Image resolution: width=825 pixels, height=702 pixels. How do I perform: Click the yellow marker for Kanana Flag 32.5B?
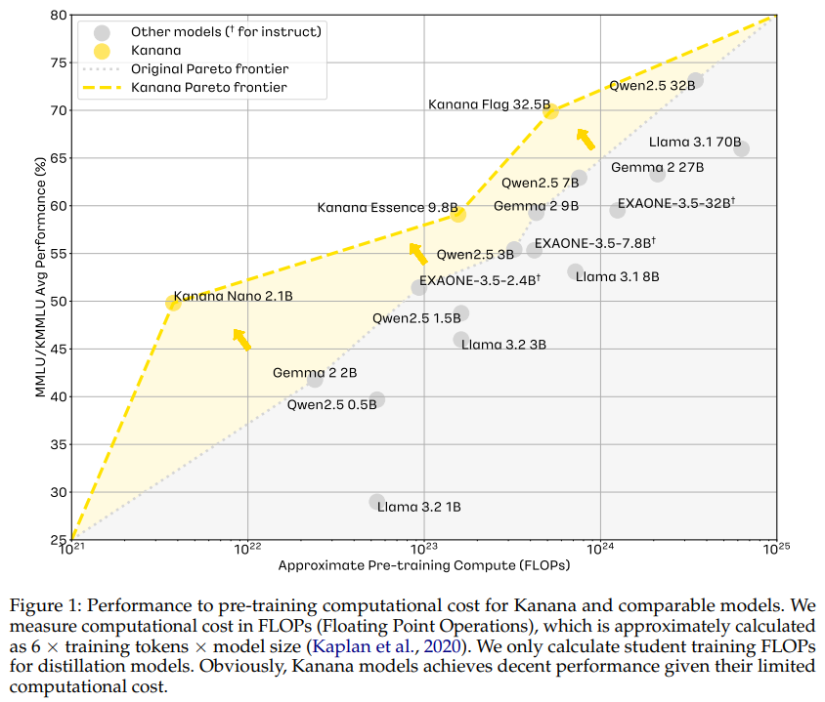tap(550, 111)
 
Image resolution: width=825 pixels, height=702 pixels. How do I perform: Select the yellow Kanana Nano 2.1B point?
tap(173, 303)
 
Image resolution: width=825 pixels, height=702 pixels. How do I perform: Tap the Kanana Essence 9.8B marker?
tap(458, 214)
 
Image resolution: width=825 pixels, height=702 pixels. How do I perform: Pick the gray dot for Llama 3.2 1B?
tap(377, 502)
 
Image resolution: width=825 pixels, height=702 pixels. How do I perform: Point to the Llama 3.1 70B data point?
tap(742, 148)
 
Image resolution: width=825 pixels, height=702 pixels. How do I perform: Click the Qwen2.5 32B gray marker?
tap(695, 80)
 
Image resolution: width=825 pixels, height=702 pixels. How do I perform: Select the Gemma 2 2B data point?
tap(315, 379)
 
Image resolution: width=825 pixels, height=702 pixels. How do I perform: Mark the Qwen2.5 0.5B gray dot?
tap(377, 399)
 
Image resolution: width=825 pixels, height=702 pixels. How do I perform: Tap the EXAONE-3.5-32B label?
tap(675, 203)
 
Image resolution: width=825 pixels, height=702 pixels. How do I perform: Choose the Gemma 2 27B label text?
tap(657, 167)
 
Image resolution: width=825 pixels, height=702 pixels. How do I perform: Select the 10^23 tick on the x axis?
tap(423, 549)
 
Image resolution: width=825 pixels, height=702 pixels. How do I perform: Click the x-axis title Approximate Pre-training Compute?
tap(423, 565)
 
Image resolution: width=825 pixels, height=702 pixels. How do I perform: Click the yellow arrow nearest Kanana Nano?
tap(241, 339)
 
